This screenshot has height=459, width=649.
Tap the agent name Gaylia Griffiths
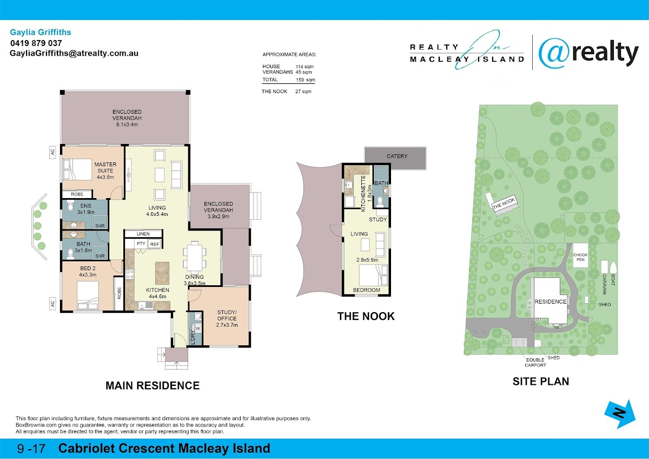point(41,32)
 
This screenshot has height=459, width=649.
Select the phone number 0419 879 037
point(36,43)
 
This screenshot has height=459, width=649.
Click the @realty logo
point(588,53)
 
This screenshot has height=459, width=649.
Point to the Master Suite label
point(105,171)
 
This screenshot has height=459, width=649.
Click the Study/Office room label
point(227,318)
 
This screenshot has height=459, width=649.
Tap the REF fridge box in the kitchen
point(155,244)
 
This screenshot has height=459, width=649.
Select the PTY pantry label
point(141,244)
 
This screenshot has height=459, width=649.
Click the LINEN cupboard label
point(143,234)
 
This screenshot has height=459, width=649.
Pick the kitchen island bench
point(162,273)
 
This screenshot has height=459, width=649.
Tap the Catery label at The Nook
point(397,156)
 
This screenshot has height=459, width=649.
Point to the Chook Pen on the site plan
point(581,257)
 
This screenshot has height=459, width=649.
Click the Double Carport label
point(535,363)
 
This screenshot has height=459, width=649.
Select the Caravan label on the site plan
point(605,284)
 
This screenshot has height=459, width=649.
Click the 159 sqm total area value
point(306,80)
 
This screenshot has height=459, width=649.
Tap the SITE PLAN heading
point(541,381)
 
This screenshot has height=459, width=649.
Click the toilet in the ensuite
point(70,206)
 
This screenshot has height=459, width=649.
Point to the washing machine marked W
point(198,329)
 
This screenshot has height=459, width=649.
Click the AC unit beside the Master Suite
point(52,152)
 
